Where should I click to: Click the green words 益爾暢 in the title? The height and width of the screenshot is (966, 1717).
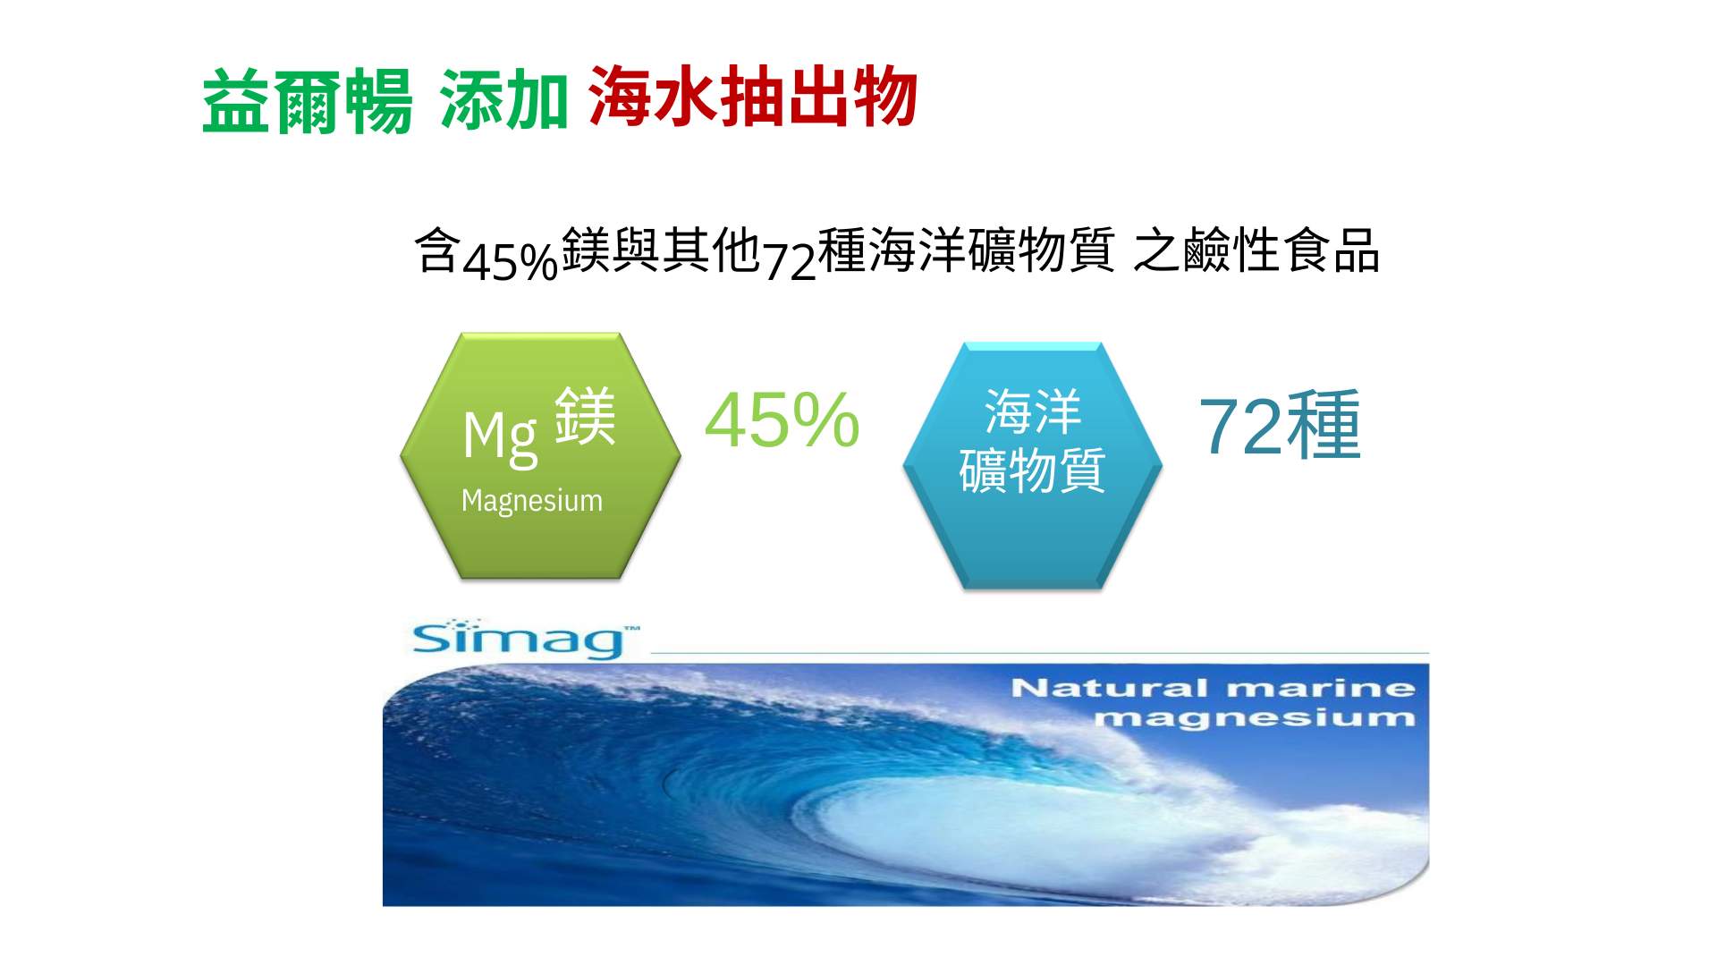click(x=307, y=101)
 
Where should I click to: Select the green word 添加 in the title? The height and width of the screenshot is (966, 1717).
click(x=504, y=101)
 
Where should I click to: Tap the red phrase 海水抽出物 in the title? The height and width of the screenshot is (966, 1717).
click(x=753, y=97)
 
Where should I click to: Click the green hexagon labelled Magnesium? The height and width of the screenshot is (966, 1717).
click(x=540, y=456)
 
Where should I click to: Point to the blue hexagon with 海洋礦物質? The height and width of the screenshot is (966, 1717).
click(x=1033, y=465)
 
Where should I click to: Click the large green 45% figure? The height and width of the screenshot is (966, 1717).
click(x=782, y=419)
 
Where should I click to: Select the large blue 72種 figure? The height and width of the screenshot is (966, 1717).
click(x=1280, y=426)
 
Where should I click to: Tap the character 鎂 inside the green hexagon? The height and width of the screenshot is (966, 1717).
click(x=586, y=416)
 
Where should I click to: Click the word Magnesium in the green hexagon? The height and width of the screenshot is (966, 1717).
click(x=532, y=501)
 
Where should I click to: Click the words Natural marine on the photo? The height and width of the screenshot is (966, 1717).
click(x=1213, y=688)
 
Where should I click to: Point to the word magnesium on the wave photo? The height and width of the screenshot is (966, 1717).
click(x=1256, y=718)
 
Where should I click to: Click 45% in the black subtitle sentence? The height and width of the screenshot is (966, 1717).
click(x=511, y=262)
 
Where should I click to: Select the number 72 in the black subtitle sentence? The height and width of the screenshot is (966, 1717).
click(x=790, y=261)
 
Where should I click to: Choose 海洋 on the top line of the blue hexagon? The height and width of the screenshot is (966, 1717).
click(x=1033, y=412)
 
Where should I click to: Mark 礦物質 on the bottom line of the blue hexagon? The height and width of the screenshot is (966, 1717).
click(x=1033, y=470)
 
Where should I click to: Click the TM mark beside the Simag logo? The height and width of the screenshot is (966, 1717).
click(x=632, y=629)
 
